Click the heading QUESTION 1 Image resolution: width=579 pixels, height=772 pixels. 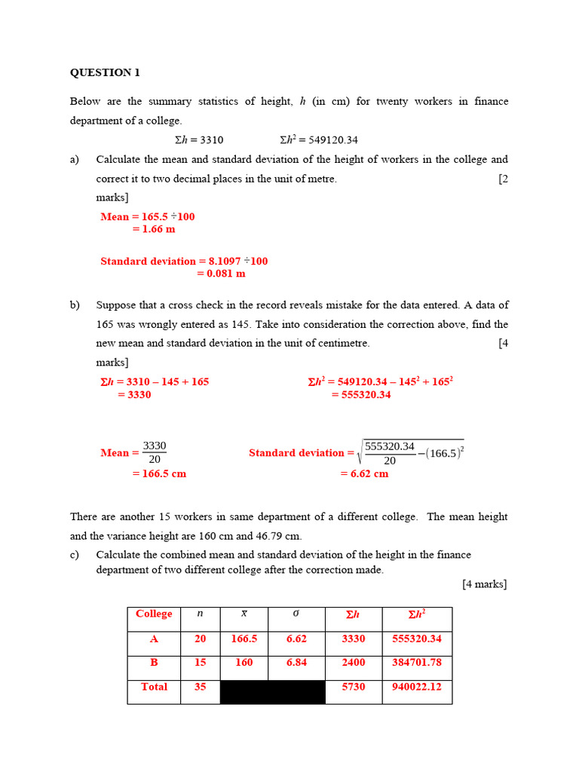(x=105, y=73)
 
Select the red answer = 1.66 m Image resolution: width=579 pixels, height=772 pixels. (x=154, y=228)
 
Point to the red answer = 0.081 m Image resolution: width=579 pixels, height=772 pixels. (x=221, y=274)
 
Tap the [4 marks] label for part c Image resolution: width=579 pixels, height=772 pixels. (x=484, y=584)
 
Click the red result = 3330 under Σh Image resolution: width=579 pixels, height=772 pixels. (x=134, y=394)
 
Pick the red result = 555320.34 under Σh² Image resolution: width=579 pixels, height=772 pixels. (x=361, y=394)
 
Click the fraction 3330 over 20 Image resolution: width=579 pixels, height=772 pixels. (x=155, y=452)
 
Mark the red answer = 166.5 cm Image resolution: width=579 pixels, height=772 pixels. (x=159, y=473)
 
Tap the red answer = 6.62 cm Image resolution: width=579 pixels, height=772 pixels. (x=364, y=473)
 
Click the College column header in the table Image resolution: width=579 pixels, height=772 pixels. (x=154, y=614)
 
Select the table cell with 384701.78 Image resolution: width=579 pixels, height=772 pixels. (x=417, y=663)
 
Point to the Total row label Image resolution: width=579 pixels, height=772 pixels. (x=154, y=687)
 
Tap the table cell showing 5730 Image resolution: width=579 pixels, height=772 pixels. (x=353, y=687)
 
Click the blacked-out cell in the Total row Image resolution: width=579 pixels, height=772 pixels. (x=272, y=691)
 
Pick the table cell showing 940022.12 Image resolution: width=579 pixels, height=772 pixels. (x=417, y=687)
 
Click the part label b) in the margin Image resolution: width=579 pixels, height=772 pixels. (x=75, y=305)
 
